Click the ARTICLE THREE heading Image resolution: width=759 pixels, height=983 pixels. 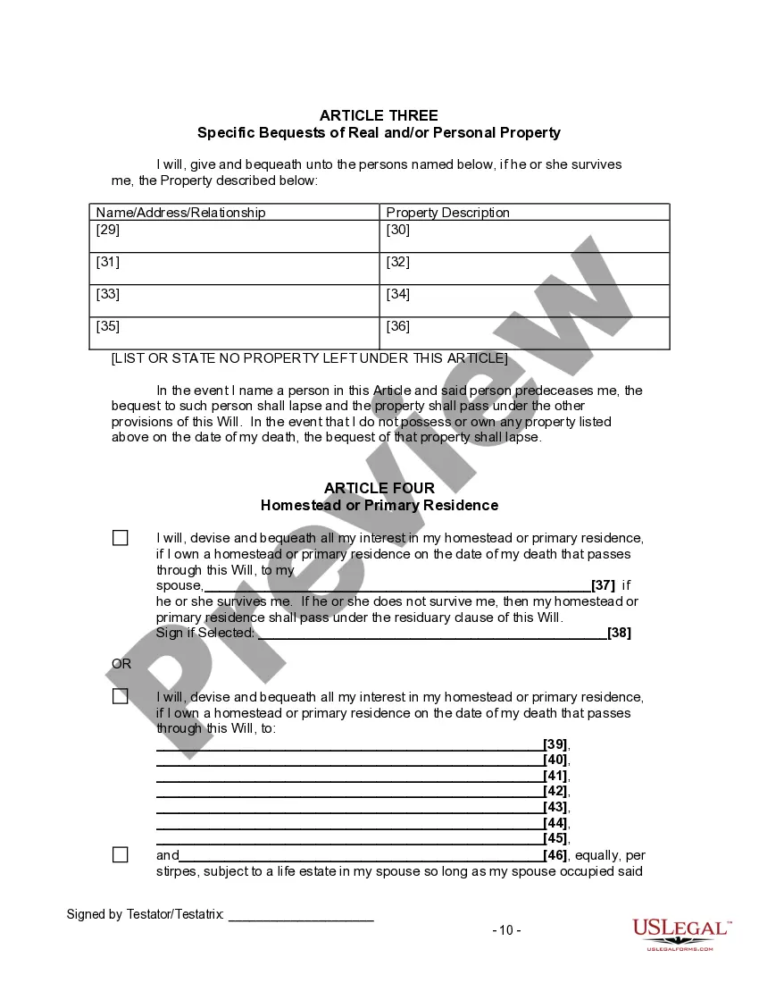pyautogui.click(x=379, y=115)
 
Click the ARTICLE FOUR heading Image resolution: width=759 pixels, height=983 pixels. pyautogui.click(x=379, y=488)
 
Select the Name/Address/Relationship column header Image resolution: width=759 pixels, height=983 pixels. pyautogui.click(x=180, y=213)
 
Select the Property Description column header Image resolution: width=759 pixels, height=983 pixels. pyautogui.click(x=447, y=213)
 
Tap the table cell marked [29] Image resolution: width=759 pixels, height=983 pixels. pyautogui.click(x=235, y=237)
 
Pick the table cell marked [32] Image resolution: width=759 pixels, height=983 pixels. pyautogui.click(x=525, y=268)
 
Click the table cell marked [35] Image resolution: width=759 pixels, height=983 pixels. pyautogui.click(x=235, y=332)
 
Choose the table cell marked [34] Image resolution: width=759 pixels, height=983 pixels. pyautogui.click(x=525, y=300)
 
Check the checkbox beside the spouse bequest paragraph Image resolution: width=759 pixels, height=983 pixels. pyautogui.click(x=121, y=538)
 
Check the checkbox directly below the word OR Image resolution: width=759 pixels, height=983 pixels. pyautogui.click(x=121, y=696)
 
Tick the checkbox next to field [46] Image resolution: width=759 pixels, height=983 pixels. pyautogui.click(x=121, y=854)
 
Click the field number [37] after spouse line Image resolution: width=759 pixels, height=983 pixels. pyautogui.click(x=604, y=585)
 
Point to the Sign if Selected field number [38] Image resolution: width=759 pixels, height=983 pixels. pyautogui.click(x=619, y=633)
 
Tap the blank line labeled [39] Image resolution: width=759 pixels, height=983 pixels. pyautogui.click(x=349, y=744)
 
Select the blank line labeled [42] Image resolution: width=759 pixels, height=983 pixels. pyautogui.click(x=349, y=791)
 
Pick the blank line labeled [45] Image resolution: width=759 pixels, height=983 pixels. pyautogui.click(x=349, y=838)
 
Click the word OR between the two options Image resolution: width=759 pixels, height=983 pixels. pyautogui.click(x=121, y=664)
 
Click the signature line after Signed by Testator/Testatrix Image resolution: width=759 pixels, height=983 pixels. pyautogui.click(x=301, y=914)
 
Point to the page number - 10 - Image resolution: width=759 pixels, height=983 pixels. pyautogui.click(x=506, y=929)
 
